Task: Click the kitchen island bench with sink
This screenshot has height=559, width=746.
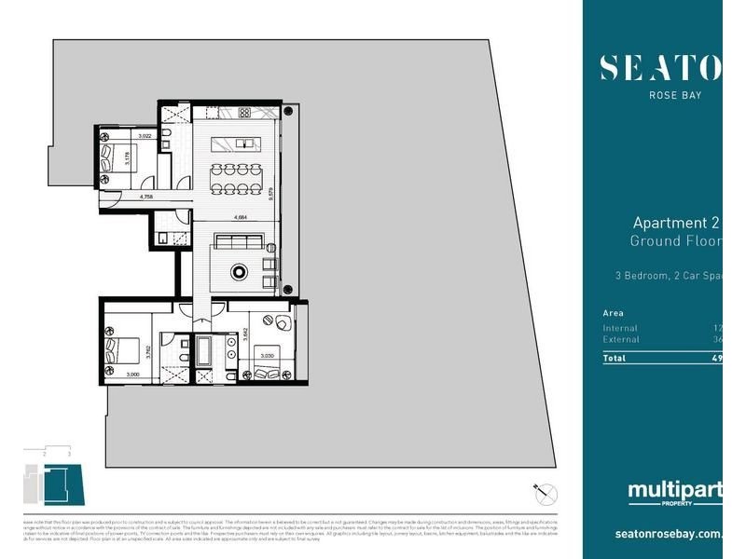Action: coord(238,144)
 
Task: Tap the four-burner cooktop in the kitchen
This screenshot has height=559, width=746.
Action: coord(244,113)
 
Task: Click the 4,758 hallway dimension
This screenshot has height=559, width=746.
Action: coord(146,198)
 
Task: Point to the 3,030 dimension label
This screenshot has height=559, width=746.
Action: coord(267,355)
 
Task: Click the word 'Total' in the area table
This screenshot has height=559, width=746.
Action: coord(615,358)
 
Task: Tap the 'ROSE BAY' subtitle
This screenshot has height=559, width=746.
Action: coord(675,94)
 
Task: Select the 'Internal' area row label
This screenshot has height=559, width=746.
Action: coord(620,328)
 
